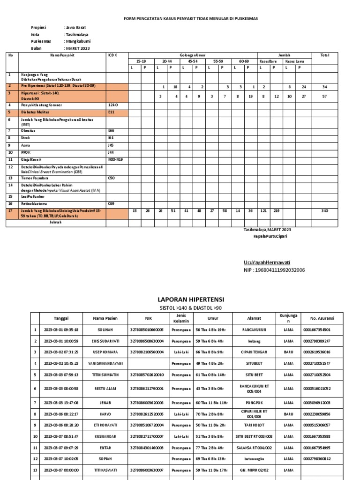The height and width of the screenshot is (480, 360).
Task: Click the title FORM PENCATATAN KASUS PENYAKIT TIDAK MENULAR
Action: point(190,18)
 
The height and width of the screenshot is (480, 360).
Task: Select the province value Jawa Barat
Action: point(75,28)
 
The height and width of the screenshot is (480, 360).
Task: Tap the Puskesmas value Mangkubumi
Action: point(78,41)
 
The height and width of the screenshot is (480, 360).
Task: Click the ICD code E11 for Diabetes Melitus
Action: point(111,112)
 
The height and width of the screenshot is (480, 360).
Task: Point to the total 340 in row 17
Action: point(324,211)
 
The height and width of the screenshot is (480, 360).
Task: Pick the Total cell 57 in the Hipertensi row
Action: point(324,96)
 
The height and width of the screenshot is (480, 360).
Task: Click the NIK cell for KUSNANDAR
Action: point(146,436)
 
